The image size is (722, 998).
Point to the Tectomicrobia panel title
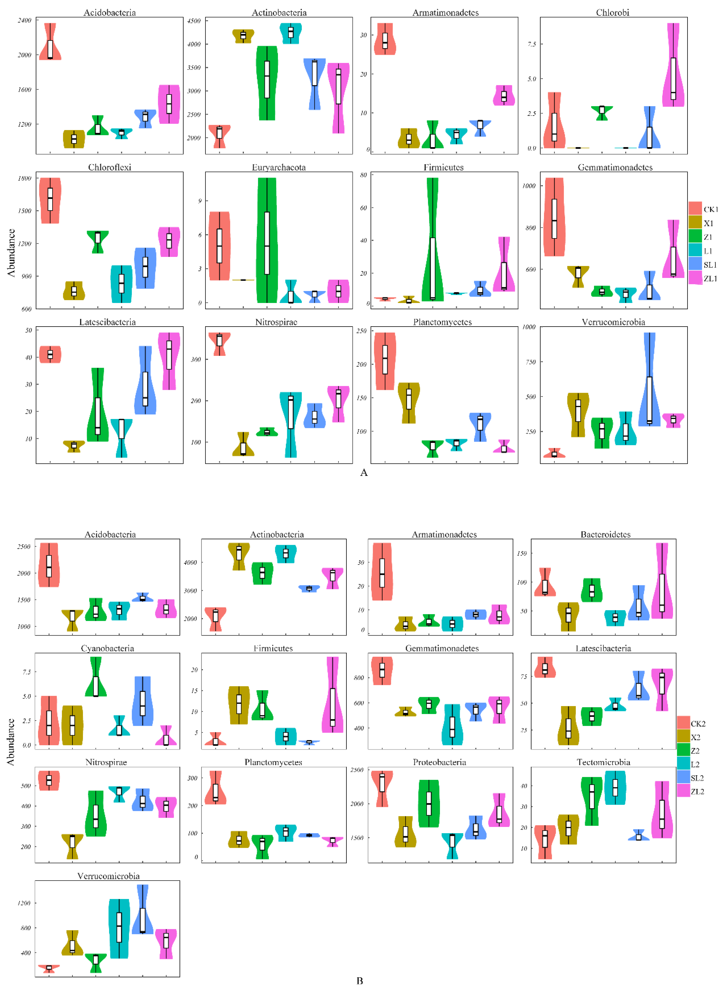click(603, 762)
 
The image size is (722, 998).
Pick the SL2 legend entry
click(697, 778)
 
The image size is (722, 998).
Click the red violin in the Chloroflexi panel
click(50, 200)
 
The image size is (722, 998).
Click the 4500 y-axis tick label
click(194, 21)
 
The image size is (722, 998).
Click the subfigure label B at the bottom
click(360, 981)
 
